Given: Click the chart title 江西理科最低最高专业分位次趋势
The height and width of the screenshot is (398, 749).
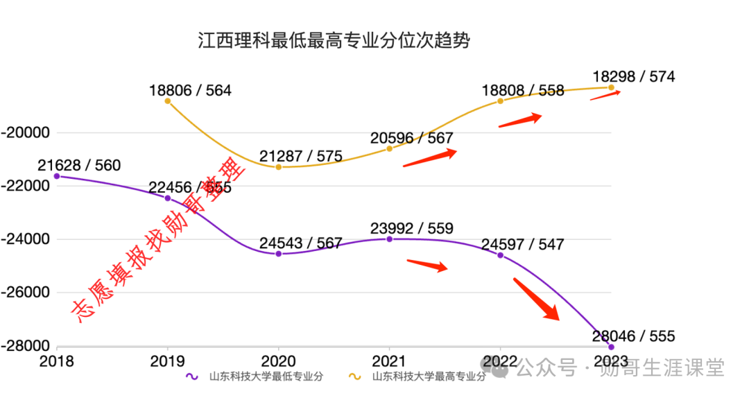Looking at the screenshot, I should [334, 40].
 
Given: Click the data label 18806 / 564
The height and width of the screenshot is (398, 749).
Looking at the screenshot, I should [189, 91].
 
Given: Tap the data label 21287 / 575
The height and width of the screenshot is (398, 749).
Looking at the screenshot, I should [300, 156].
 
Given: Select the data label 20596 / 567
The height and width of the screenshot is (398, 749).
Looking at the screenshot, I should [411, 138].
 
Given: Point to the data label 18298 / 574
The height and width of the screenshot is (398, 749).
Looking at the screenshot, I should [633, 77].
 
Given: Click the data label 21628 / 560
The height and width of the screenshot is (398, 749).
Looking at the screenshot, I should [78, 165].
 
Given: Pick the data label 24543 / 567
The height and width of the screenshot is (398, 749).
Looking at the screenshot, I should [300, 243].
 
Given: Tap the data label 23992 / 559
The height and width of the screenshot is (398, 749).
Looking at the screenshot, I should [411, 228].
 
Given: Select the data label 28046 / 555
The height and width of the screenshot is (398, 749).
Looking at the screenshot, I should [633, 336].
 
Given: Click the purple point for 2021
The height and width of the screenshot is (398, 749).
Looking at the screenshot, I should [389, 239].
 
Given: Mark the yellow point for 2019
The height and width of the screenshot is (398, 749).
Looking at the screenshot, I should [167, 101].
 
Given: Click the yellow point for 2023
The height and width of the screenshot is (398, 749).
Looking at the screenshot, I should [611, 87].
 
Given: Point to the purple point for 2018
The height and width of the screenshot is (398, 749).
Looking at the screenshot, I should [56, 176].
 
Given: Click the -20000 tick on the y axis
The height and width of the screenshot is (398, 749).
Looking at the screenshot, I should [26, 132].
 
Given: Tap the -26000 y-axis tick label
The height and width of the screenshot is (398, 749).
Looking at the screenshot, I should [26, 293].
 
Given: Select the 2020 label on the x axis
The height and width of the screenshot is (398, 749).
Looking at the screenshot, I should [278, 361].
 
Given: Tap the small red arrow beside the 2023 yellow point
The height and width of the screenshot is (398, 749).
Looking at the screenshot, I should [605, 96].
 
